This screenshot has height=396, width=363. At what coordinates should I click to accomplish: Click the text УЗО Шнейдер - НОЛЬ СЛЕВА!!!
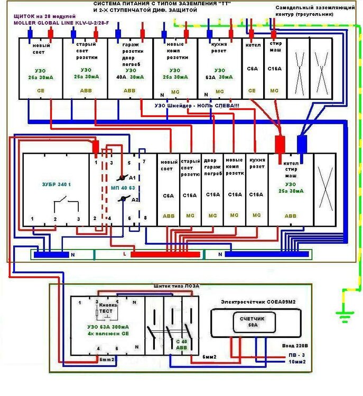click(197, 106)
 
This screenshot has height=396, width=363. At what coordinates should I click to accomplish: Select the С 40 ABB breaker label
click(181, 345)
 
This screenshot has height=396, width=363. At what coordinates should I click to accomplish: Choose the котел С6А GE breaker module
click(252, 67)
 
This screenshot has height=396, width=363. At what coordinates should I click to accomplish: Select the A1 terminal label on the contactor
click(133, 177)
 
